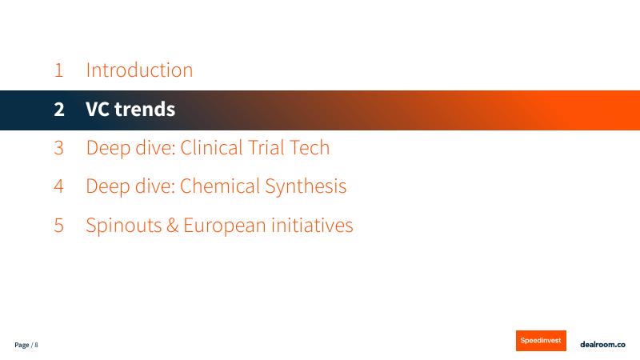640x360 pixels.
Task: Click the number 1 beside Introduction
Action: coord(58,70)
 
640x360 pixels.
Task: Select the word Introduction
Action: coord(139,70)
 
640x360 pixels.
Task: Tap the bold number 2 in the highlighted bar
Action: coord(58,110)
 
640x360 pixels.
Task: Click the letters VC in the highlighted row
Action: coord(98,110)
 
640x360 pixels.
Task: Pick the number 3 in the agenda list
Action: coord(58,148)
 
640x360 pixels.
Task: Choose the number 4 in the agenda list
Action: coord(58,186)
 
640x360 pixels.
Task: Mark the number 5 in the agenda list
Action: coord(58,226)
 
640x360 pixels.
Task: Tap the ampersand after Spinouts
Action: coord(172,226)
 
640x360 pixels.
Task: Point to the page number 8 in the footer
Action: coord(36,345)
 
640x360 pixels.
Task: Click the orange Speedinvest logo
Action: coord(541,340)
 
